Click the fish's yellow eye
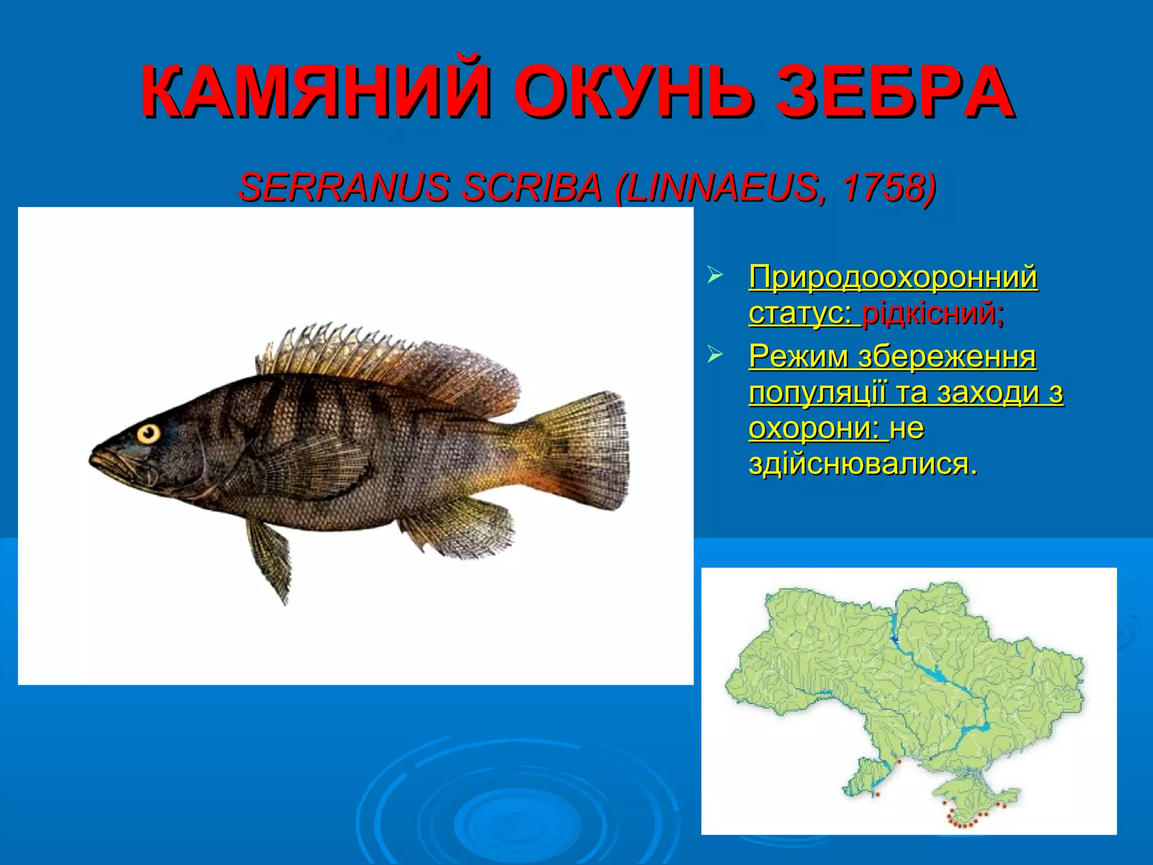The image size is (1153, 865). [149, 434]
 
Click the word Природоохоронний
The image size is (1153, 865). [893, 277]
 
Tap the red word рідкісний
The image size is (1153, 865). [932, 313]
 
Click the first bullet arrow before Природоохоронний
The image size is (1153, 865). [714, 276]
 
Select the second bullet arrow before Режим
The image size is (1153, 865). [714, 355]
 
